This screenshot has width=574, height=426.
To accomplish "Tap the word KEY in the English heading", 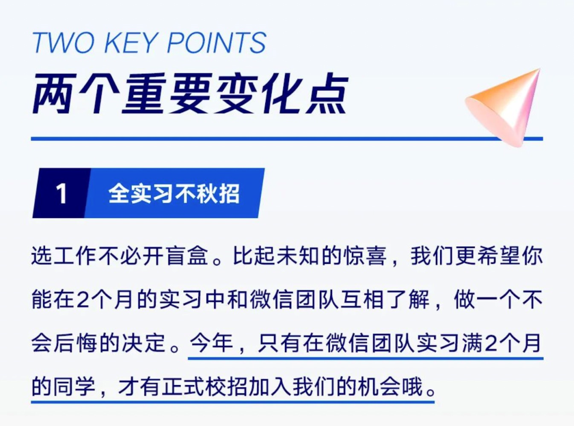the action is (x=131, y=43).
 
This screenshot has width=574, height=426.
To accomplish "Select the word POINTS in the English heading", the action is (x=216, y=43).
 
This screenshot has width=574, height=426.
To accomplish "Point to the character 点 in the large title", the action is (x=326, y=94).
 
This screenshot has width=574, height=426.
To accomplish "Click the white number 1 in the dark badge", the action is (x=61, y=194).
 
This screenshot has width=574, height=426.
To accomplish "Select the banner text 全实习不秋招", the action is (x=174, y=194).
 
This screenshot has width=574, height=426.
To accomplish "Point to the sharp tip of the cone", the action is (x=539, y=70).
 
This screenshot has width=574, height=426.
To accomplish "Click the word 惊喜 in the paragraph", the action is (x=365, y=255).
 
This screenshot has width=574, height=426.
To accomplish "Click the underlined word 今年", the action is (x=212, y=343).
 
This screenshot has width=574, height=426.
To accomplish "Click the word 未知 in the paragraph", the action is (x=298, y=255).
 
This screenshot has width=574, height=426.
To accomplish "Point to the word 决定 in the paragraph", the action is (x=144, y=343).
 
